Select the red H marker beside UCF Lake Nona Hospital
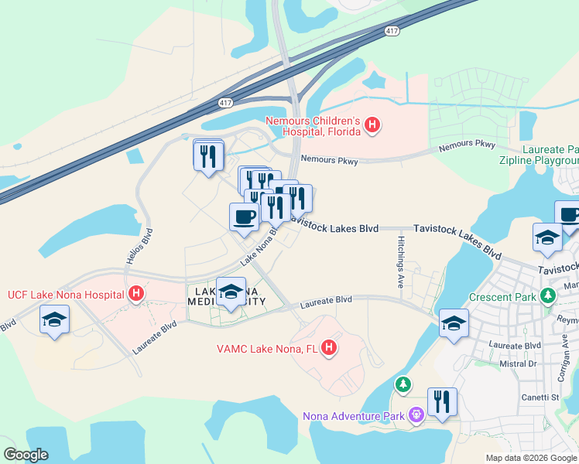tap(136, 295)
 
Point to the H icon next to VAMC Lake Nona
tap(329, 349)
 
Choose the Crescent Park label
tap(504, 297)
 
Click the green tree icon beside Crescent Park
tap(549, 295)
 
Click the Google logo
tap(26, 455)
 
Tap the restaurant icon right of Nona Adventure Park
tap(442, 402)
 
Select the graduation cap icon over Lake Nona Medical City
tap(231, 292)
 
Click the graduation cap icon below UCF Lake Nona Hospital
tap(54, 320)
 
